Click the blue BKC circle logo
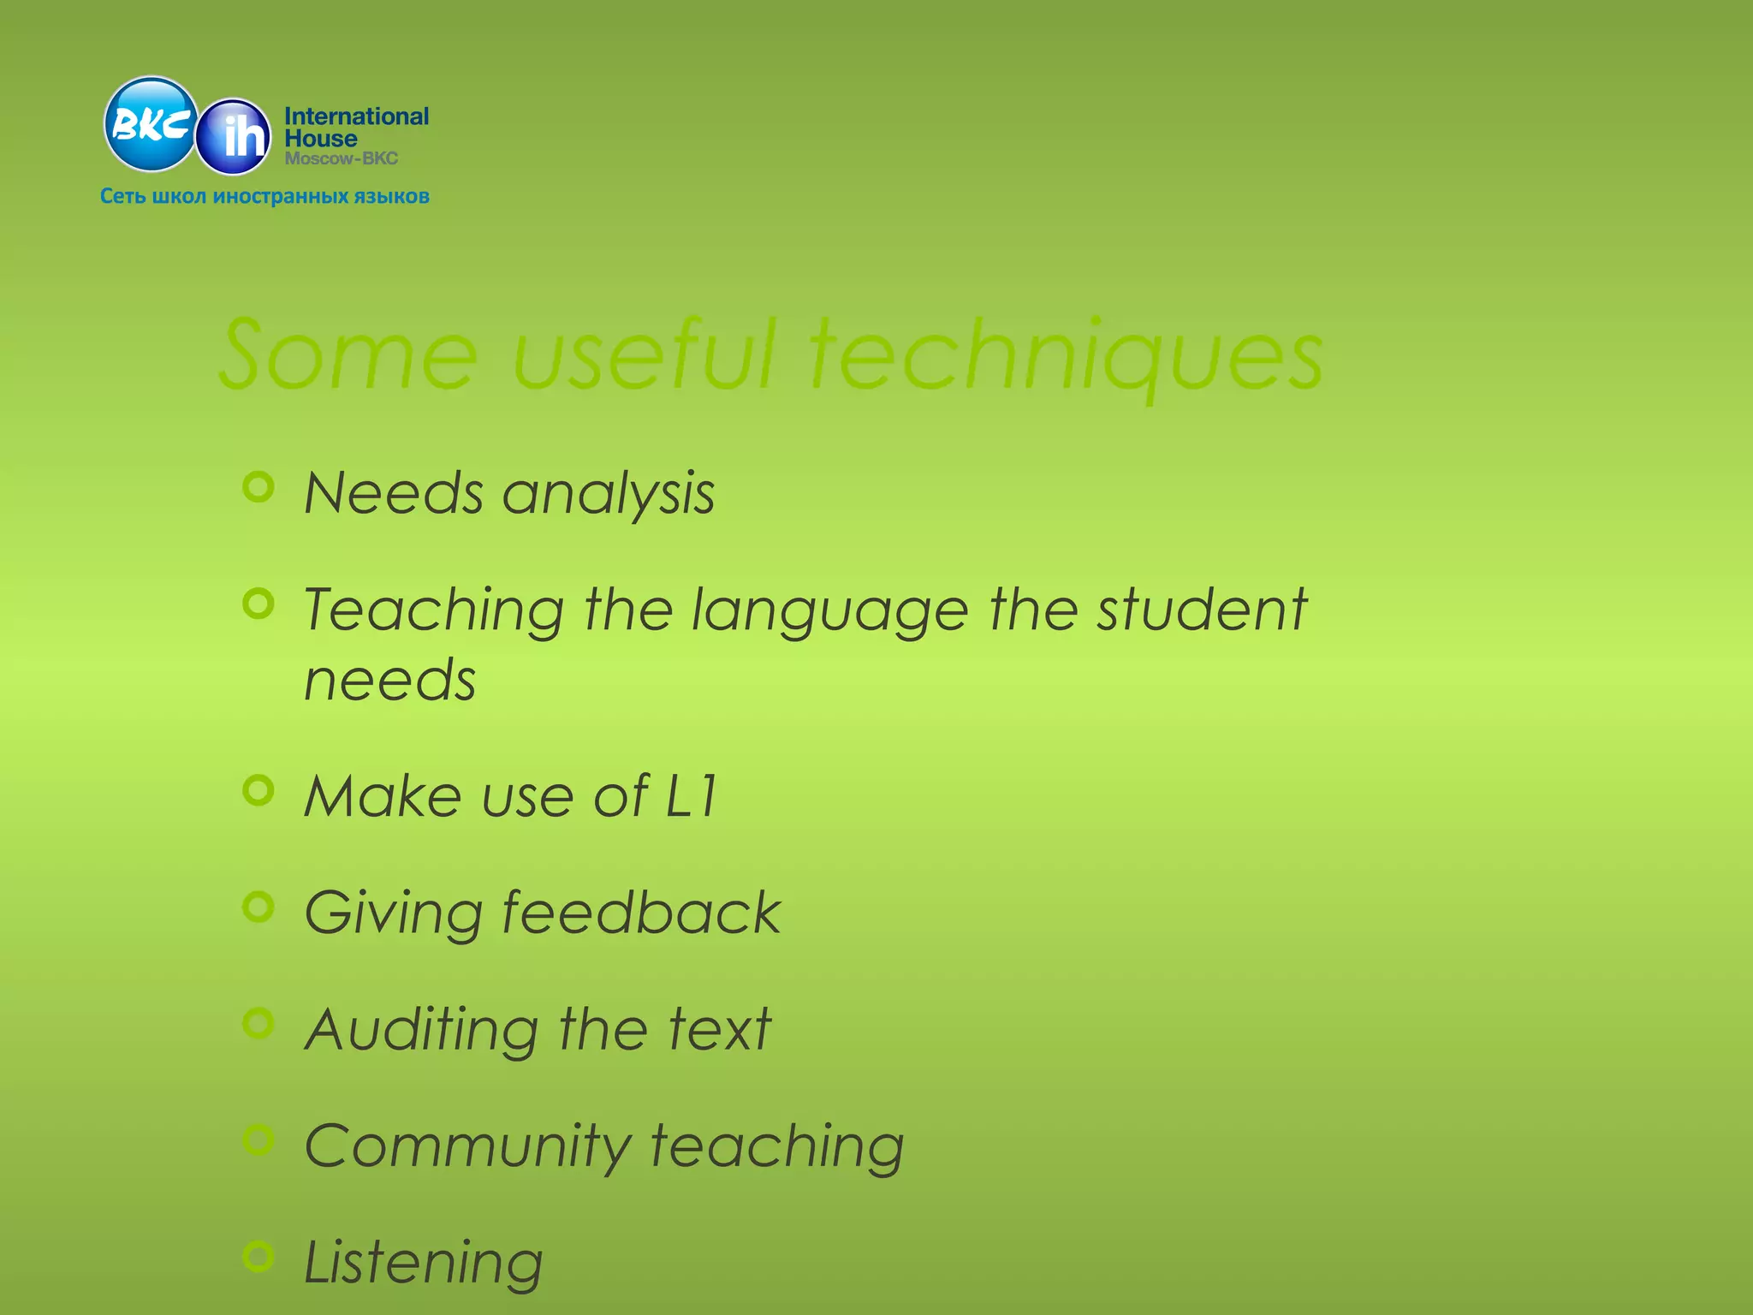click(151, 125)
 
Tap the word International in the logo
click(356, 116)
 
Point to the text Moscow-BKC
click(342, 159)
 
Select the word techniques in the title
click(1066, 355)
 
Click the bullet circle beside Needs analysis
click(258, 487)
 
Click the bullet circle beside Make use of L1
click(258, 790)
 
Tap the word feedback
click(640, 913)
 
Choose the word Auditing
click(422, 1031)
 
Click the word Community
click(467, 1147)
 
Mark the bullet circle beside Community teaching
click(258, 1139)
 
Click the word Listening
click(424, 1264)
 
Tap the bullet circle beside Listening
click(258, 1256)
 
